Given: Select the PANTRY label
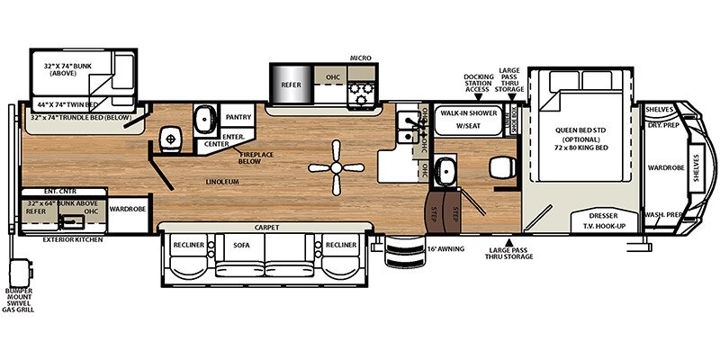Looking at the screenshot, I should [238, 117].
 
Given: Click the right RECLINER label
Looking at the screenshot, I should [342, 245].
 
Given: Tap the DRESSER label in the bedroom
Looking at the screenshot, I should [603, 216].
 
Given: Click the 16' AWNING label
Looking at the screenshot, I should [445, 247].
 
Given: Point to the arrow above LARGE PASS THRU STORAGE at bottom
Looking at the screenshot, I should [510, 241].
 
